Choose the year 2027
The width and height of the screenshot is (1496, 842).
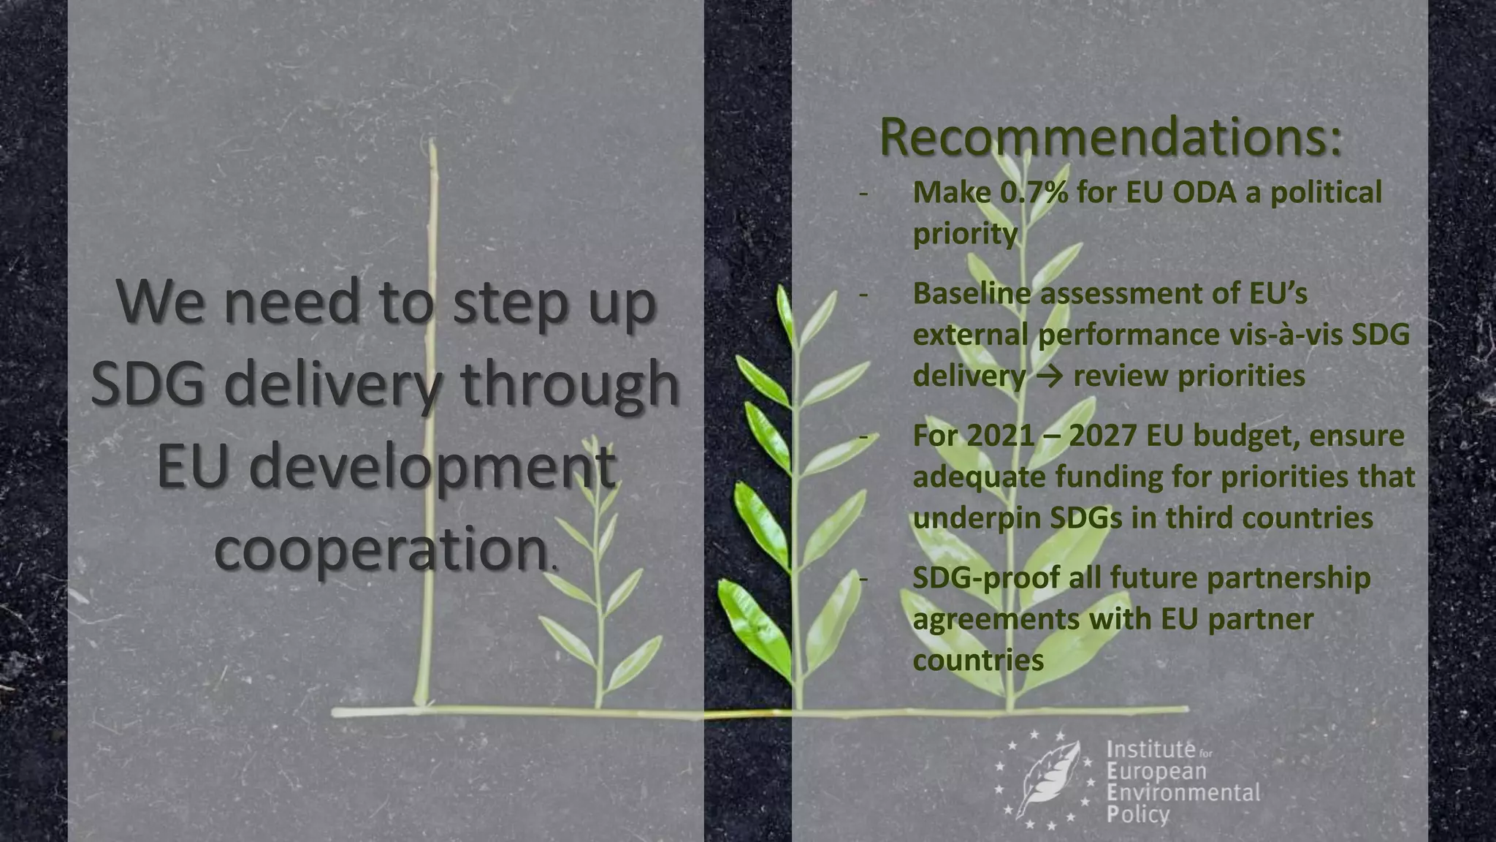(1102, 436)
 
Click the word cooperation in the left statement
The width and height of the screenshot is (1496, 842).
(381, 550)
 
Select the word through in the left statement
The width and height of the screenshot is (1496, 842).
(569, 384)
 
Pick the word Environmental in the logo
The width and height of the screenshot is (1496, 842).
(1183, 792)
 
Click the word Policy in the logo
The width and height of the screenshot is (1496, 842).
(1138, 814)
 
